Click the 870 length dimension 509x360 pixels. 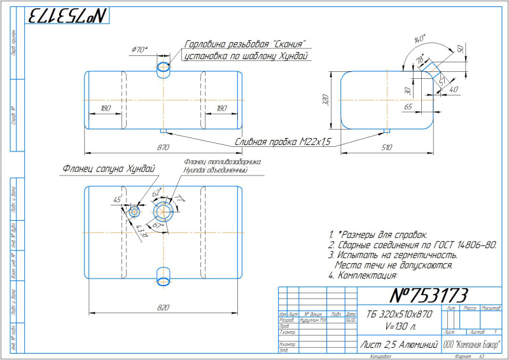click(164, 148)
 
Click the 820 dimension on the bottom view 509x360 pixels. click(163, 307)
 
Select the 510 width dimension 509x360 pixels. click(387, 148)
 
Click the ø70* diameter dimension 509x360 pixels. click(139, 50)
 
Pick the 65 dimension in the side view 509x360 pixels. click(408, 107)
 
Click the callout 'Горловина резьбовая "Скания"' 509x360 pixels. click(246, 45)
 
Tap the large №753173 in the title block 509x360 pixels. click(428, 295)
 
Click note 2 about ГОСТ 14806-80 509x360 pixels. click(412, 244)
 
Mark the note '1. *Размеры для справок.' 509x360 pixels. click(378, 234)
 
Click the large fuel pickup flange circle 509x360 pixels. click(164, 209)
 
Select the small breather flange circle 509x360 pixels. click(135, 211)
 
